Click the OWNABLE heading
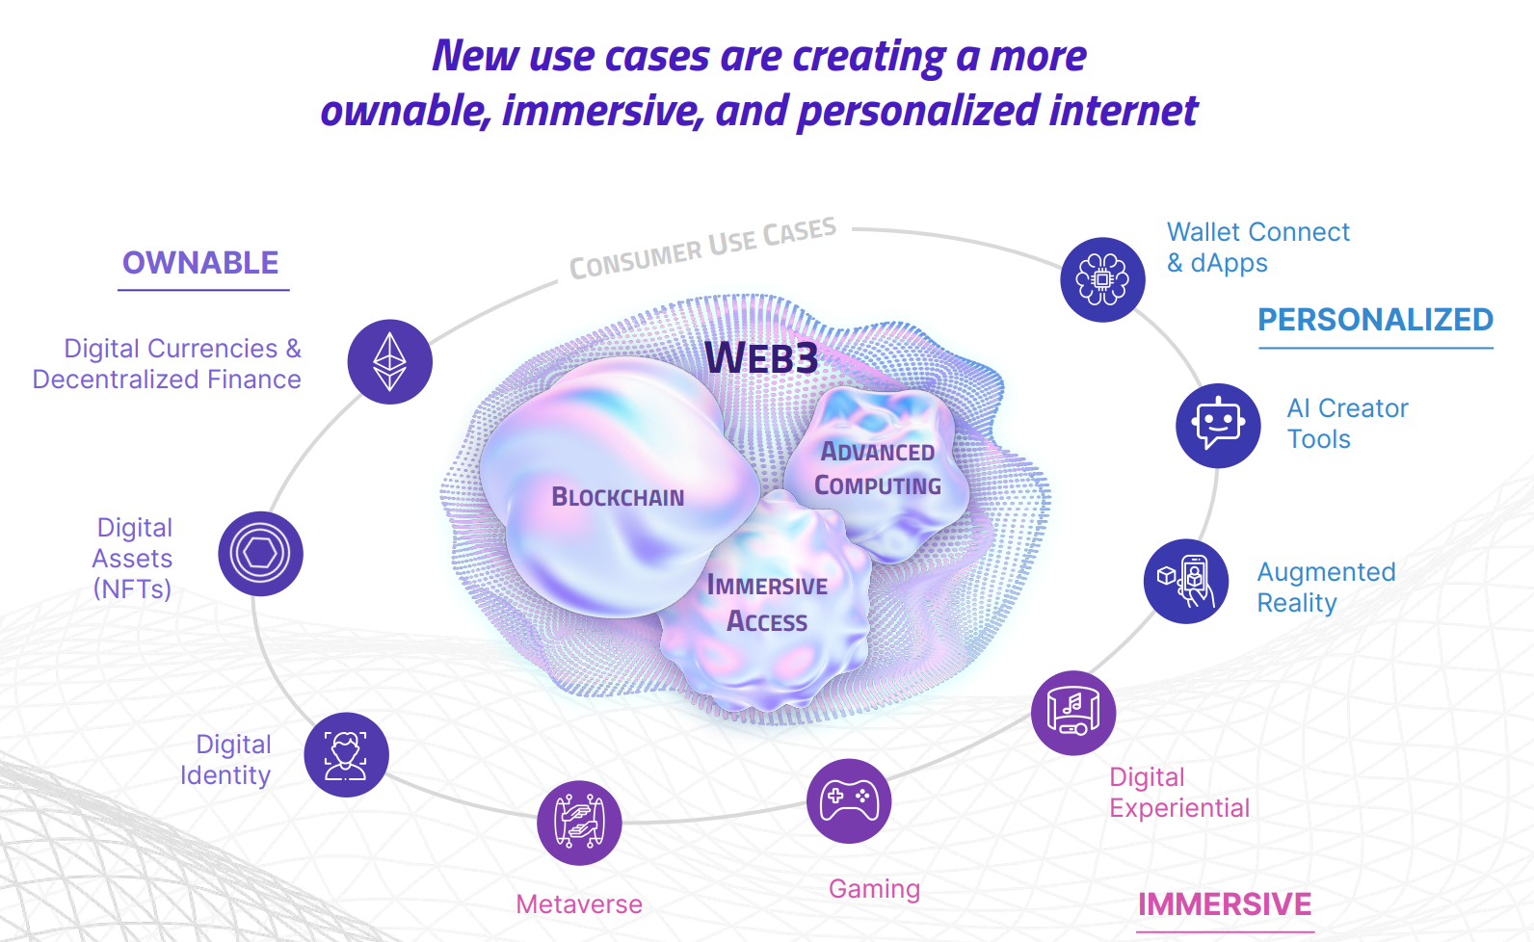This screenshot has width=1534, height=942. (x=200, y=263)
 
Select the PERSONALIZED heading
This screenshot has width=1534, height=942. (x=1375, y=320)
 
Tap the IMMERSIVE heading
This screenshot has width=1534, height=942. (x=1224, y=904)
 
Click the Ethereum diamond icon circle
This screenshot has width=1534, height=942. (x=389, y=362)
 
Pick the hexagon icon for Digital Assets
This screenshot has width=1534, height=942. (x=260, y=554)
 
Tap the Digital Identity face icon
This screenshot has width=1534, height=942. (x=346, y=754)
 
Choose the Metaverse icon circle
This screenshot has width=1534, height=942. (x=579, y=823)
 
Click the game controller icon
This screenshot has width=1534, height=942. (x=849, y=800)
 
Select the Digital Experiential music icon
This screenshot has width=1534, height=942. (x=1073, y=713)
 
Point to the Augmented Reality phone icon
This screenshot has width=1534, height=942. (x=1186, y=581)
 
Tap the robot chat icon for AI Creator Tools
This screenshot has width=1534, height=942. (x=1218, y=426)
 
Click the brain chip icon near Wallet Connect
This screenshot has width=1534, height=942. (x=1102, y=279)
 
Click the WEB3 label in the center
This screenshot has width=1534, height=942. (x=761, y=358)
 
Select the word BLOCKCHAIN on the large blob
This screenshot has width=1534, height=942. (x=618, y=497)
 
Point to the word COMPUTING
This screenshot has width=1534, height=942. (x=878, y=485)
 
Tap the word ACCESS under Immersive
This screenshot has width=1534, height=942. (x=767, y=621)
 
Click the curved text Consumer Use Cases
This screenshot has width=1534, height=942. (x=702, y=249)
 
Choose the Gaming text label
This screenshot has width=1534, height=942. (x=874, y=888)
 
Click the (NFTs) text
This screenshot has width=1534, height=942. (x=132, y=589)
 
